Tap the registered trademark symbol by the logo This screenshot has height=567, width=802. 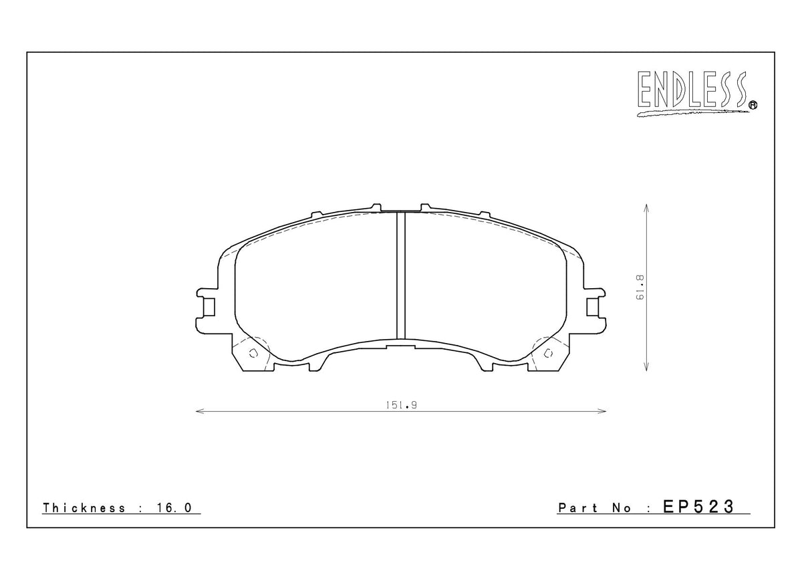[753, 104]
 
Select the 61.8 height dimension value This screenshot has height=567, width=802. [639, 289]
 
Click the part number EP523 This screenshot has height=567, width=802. [698, 507]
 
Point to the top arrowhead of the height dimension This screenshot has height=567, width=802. [646, 207]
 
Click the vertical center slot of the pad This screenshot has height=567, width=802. [401, 275]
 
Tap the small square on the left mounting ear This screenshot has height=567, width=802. [209, 307]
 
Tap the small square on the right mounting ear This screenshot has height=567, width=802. [593, 307]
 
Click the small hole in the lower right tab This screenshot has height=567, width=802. [549, 353]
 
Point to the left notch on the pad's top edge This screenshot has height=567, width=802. [376, 205]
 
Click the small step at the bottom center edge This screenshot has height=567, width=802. [401, 345]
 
